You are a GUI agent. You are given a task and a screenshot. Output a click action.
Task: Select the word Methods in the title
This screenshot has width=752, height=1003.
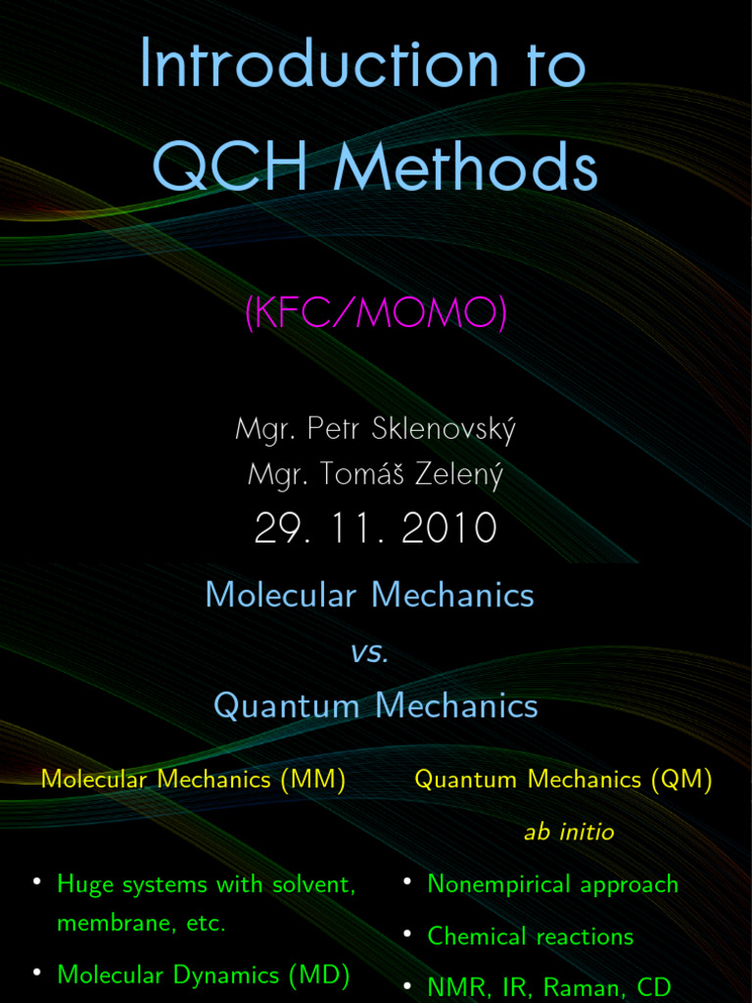465,167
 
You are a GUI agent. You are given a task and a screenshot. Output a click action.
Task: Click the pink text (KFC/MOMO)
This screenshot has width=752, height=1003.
376,314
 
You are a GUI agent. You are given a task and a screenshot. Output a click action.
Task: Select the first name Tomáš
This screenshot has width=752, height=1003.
362,475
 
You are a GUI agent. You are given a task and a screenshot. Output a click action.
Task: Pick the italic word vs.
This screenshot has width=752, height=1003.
370,653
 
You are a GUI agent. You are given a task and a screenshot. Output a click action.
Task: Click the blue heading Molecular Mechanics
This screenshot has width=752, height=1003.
370,595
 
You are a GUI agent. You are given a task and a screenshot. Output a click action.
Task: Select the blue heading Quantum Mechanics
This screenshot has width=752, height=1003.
376,705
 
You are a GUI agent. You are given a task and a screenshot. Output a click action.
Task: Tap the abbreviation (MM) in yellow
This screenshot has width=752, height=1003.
313,780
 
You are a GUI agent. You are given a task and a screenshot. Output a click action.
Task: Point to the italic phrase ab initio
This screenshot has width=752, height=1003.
569,833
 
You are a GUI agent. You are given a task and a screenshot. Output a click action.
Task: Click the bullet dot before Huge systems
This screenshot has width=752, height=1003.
36,883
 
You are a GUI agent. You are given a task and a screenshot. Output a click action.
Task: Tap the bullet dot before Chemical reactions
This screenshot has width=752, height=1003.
406,934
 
